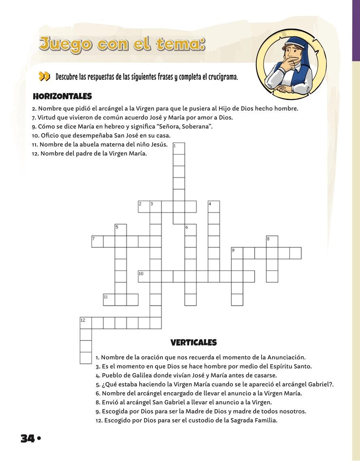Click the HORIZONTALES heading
(x=62, y=96)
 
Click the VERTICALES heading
(x=194, y=343)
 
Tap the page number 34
(x=28, y=438)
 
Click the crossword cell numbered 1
(x=179, y=148)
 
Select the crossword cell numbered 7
(x=97, y=241)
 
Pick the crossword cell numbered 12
(x=85, y=323)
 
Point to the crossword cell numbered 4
(x=214, y=206)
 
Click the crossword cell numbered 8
(x=272, y=241)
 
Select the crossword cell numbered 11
(x=109, y=300)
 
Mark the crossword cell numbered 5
(x=121, y=229)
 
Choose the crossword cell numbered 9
(x=237, y=253)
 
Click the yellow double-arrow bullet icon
(x=44, y=76)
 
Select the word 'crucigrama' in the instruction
(x=222, y=76)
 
